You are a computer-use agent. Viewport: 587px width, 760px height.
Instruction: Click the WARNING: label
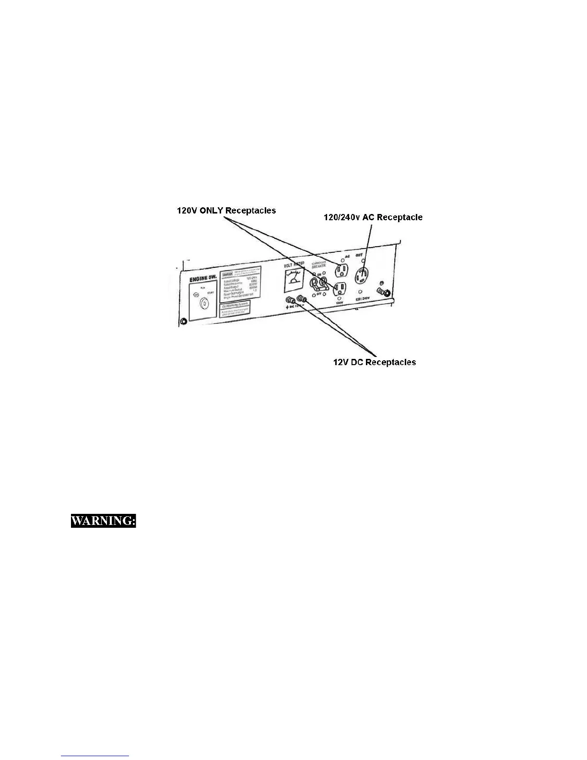(x=104, y=521)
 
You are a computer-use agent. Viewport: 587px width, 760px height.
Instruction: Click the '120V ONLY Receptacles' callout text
(x=226, y=211)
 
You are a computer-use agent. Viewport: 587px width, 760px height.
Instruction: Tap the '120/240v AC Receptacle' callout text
(x=373, y=217)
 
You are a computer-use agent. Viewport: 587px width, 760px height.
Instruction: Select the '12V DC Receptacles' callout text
(x=375, y=362)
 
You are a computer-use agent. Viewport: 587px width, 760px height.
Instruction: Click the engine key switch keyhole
(x=204, y=303)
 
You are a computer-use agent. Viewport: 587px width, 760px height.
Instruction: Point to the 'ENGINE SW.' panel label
(x=203, y=278)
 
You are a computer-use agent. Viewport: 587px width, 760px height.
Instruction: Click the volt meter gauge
(x=293, y=280)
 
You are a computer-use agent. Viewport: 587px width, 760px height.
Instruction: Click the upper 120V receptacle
(x=342, y=271)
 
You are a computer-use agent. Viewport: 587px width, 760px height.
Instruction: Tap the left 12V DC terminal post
(x=290, y=301)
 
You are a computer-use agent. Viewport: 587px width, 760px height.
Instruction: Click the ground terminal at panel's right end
(x=383, y=292)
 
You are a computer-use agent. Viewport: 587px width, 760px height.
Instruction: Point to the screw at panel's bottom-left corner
(x=183, y=321)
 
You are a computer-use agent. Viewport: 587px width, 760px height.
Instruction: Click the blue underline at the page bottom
(x=95, y=756)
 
